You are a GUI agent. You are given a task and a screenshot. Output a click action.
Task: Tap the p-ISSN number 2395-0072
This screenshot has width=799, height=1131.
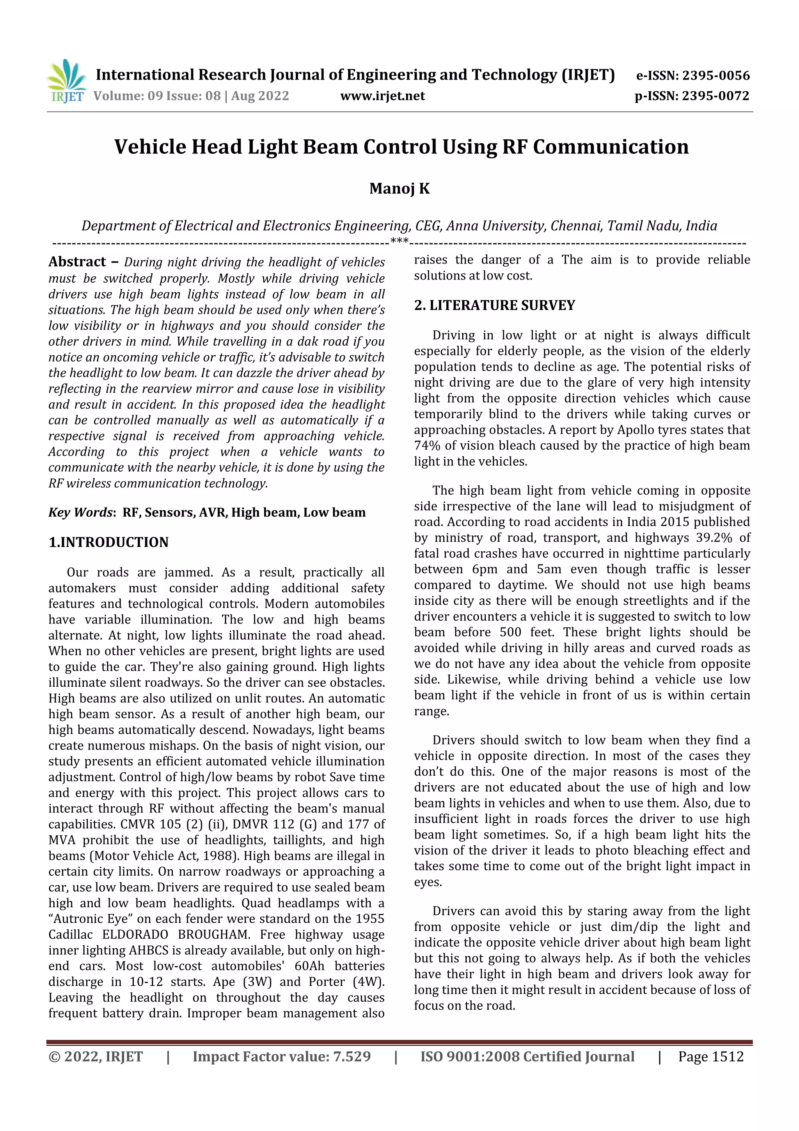715,96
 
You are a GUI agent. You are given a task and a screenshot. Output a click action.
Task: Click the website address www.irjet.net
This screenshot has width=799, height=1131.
382,96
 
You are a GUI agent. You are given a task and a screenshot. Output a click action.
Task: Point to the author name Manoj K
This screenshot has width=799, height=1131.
399,189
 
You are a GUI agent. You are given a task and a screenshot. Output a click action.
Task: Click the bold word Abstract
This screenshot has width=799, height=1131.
77,262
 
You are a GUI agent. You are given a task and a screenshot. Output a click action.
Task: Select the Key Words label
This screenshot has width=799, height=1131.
81,513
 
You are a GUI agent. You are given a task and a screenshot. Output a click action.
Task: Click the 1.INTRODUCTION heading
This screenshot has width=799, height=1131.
108,542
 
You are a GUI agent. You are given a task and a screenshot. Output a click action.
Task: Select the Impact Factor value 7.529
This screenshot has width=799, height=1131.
352,1056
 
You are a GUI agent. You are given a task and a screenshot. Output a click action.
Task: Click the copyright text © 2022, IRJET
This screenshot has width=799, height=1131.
96,1056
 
